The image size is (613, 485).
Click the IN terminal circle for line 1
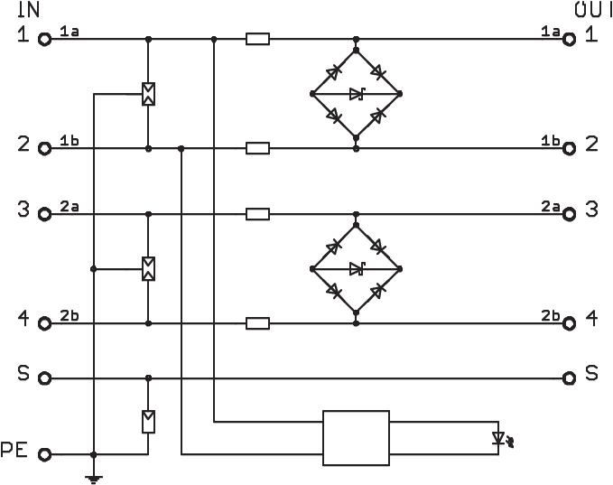coord(43,40)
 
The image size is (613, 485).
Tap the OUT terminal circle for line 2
coord(568,148)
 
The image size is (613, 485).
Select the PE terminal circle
coord(43,454)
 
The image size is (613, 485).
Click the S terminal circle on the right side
coord(568,378)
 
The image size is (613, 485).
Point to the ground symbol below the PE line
coord(93,477)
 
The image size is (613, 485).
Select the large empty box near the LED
coord(356,437)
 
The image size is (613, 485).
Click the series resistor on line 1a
coord(257,40)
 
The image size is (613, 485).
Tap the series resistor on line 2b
coord(257,322)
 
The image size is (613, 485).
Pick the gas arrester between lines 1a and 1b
coord(148,94)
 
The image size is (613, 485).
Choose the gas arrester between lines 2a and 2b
coord(148,268)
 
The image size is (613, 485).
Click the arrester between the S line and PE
coord(148,421)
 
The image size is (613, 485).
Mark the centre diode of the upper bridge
coord(357,93)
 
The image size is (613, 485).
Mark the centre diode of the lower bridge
coord(357,268)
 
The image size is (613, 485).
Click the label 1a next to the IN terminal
coord(70,32)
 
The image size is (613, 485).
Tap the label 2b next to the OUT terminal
coord(550,314)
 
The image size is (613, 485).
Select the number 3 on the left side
coord(23,210)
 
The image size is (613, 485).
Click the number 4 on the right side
coord(591,318)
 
